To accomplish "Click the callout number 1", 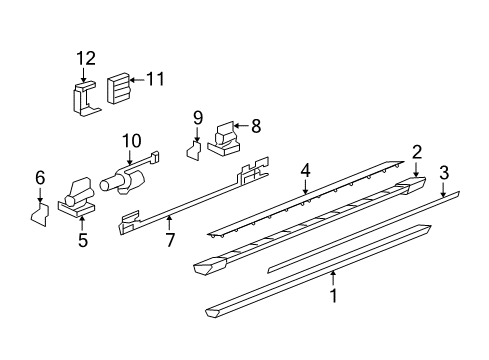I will pos(335,296).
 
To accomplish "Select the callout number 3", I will pos(444,172).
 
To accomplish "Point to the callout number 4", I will pos(306,172).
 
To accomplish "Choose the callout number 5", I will pos(83,240).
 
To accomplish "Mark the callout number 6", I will pos(41,177).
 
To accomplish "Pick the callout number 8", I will pos(255,126).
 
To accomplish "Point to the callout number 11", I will pos(155,77).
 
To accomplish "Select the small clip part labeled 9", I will pos(195,150).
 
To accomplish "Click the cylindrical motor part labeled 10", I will pos(124,180).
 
